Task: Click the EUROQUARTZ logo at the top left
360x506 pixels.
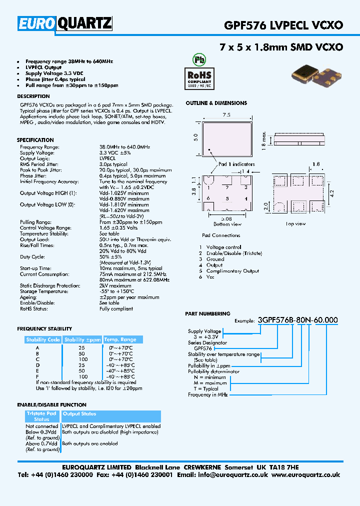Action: pos(65,24)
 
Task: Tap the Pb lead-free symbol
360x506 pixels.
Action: pos(199,58)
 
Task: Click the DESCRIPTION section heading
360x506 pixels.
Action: pos(33,96)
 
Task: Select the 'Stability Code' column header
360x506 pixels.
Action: pos(43,340)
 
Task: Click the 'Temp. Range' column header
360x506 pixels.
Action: pos(120,340)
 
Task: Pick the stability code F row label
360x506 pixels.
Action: pos(37,376)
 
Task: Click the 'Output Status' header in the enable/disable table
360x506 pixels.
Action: pos(79,414)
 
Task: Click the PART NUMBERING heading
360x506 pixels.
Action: pos(207,313)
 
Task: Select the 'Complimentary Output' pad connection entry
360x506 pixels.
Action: pos(232,271)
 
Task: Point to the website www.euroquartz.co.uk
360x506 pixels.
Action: pos(306,475)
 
